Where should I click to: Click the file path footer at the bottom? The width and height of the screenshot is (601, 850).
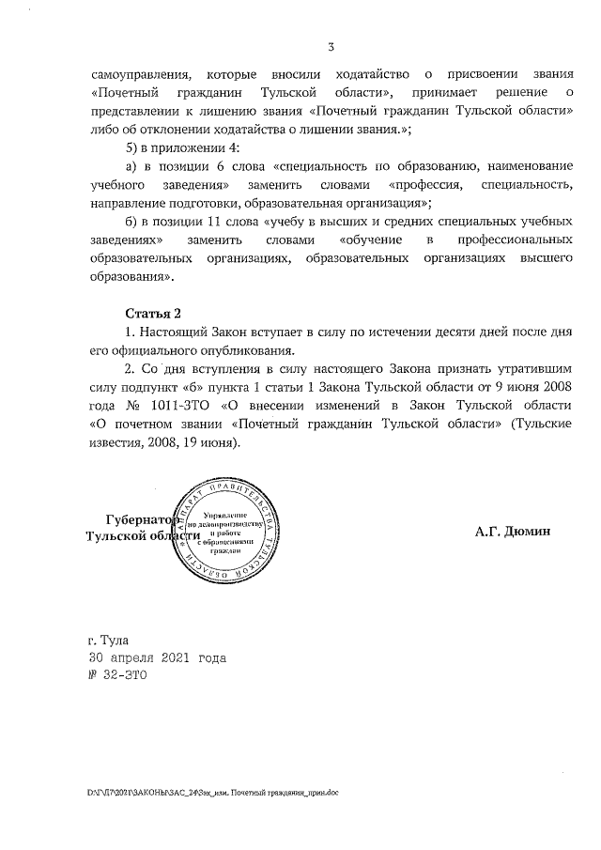click(212, 793)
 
